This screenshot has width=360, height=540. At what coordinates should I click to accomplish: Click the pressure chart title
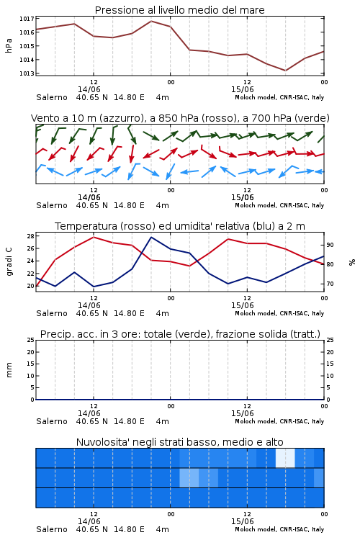coord(179,10)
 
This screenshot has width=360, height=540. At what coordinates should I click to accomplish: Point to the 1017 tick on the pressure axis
coord(27,19)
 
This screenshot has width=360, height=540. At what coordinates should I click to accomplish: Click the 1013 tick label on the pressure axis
coord(27,73)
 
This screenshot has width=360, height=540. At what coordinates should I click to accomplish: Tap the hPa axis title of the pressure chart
coord(9,46)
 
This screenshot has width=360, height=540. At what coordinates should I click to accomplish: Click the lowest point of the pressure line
coord(285,71)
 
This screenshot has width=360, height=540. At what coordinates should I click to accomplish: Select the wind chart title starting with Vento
coord(180,118)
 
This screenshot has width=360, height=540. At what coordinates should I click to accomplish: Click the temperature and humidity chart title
coord(179,226)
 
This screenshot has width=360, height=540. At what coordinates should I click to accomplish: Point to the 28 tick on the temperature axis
coord(30,236)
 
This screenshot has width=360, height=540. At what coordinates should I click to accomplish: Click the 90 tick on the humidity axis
coord(330,245)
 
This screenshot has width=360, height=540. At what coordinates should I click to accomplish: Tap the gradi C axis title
coord(9,261)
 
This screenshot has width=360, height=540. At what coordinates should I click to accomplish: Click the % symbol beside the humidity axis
coord(352,262)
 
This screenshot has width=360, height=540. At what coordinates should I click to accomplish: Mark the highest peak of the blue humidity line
coord(151,237)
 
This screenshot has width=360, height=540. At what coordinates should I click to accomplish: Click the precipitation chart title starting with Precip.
coord(180,334)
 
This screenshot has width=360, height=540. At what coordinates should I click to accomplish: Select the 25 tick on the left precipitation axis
coord(30,340)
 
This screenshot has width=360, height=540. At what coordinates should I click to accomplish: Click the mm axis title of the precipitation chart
coord(9,370)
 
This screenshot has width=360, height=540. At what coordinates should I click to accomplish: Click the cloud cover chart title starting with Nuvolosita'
coord(179,442)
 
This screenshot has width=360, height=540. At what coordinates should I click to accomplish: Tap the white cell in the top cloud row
coord(285,458)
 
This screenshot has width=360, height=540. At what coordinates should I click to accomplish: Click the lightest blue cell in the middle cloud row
coord(189,477)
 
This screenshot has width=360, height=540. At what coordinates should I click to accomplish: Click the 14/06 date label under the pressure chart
coord(89,89)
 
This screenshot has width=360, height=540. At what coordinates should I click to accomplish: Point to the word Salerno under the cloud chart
coord(52,529)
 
